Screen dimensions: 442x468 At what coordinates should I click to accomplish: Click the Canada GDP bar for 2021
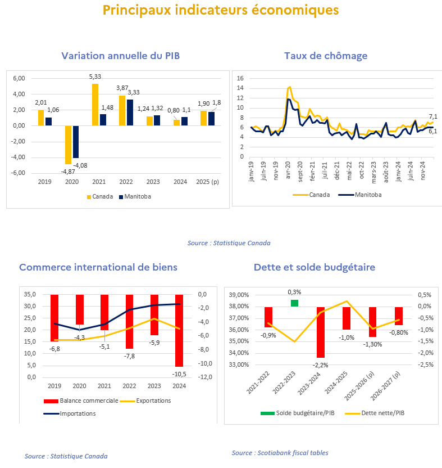pyautogui.click(x=95, y=105)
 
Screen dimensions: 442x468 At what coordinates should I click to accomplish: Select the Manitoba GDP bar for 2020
pyautogui.click(x=76, y=142)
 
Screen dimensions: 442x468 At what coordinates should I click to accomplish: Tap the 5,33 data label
pyautogui.click(x=95, y=76)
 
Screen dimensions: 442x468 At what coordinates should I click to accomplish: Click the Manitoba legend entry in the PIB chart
pyautogui.click(x=135, y=197)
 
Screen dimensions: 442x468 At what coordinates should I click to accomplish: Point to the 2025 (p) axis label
pyautogui.click(x=207, y=182)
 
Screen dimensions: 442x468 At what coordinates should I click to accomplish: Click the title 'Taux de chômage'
pyautogui.click(x=326, y=56)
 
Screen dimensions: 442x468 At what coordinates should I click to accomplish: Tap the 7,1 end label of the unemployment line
pyautogui.click(x=433, y=116)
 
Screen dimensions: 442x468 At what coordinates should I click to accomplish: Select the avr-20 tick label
pyautogui.click(x=288, y=170)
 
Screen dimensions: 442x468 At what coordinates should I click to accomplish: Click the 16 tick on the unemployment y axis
pyautogui.click(x=240, y=78)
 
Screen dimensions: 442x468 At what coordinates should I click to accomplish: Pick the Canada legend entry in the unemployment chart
pyautogui.click(x=311, y=195)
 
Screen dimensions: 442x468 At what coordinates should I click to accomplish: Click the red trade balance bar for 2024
pyautogui.click(x=179, y=330)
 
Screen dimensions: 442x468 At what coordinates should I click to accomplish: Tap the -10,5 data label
pyautogui.click(x=179, y=374)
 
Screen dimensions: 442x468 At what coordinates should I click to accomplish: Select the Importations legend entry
pyautogui.click(x=70, y=413)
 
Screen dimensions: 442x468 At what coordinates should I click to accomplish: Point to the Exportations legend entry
pyautogui.click(x=145, y=401)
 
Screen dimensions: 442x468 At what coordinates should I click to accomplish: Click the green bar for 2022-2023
pyautogui.click(x=294, y=303)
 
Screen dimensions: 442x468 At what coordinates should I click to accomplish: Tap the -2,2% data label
pyautogui.click(x=320, y=365)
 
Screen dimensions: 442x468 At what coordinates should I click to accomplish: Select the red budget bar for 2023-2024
pyautogui.click(x=321, y=332)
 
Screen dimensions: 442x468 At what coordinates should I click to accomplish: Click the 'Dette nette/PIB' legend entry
pyautogui.click(x=375, y=413)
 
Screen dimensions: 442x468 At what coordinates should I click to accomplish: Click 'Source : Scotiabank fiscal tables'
pyautogui.click(x=280, y=453)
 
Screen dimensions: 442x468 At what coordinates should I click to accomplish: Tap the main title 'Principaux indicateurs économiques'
pyautogui.click(x=221, y=10)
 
